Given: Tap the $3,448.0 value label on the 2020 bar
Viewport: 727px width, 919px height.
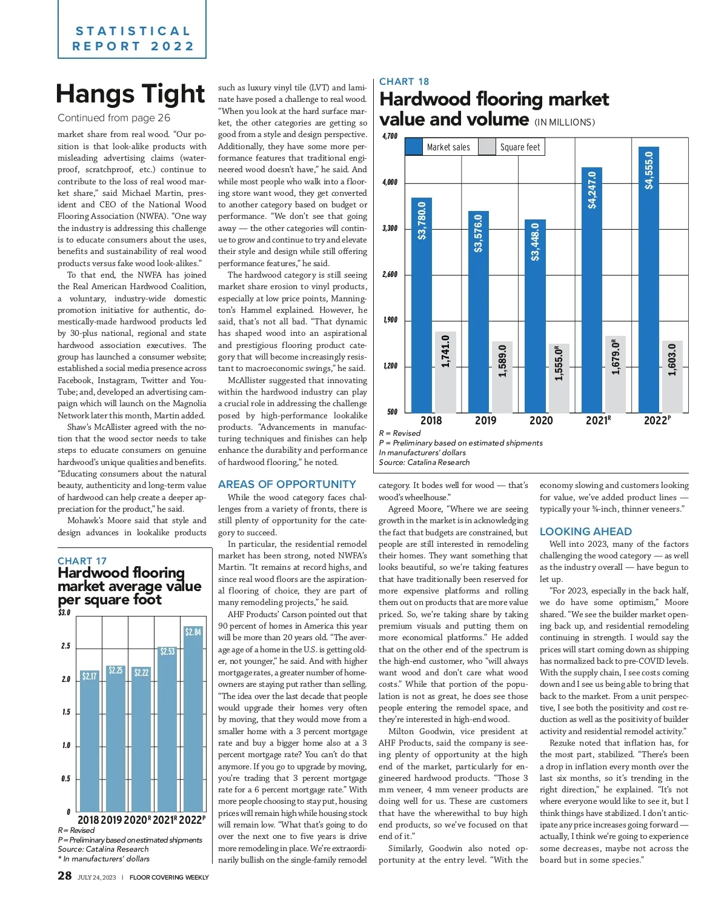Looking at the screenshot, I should click(x=536, y=242).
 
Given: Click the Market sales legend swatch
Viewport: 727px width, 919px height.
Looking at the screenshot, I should click(x=414, y=147).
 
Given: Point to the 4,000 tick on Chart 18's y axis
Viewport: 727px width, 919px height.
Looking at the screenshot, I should click(x=390, y=182).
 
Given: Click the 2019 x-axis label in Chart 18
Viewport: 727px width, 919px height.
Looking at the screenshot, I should click(x=485, y=421).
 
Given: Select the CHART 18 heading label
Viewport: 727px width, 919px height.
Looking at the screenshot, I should click(x=404, y=81).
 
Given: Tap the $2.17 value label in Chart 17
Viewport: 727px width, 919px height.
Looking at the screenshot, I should click(x=90, y=676).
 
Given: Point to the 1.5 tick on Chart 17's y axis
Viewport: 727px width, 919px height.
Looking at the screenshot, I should click(x=66, y=712).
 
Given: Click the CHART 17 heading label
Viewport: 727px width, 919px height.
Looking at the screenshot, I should click(x=82, y=561).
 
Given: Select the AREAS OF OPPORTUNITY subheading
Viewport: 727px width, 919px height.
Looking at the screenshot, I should click(x=287, y=484).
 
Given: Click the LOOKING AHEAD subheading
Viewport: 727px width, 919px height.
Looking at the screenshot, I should click(x=586, y=532).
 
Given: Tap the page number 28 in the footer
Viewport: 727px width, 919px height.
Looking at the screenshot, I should click(x=65, y=875).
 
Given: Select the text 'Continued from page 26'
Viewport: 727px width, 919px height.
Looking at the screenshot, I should click(x=114, y=118).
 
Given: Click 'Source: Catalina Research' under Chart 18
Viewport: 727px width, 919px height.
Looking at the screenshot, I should click(x=424, y=463).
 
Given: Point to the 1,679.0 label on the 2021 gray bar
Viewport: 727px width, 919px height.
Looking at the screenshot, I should click(x=616, y=357).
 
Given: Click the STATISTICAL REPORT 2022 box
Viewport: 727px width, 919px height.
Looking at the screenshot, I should click(x=132, y=38).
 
